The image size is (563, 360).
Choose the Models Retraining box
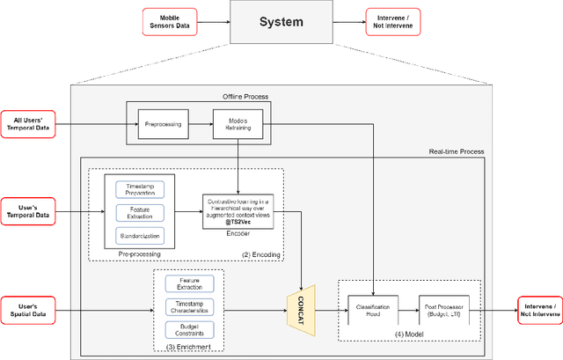pos(238,125)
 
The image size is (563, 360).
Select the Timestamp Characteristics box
pos(189,307)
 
